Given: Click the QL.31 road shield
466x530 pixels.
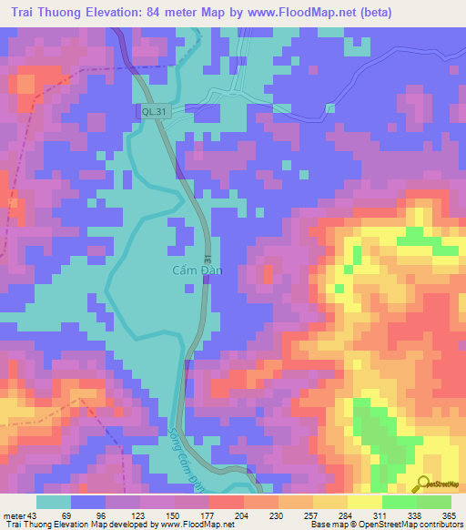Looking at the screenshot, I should tap(154, 111).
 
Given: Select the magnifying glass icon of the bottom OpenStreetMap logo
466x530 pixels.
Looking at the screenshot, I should tap(422, 483).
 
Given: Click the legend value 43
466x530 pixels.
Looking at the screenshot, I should tap(35, 515).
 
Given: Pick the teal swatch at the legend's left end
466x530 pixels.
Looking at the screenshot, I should tap(54, 502).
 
